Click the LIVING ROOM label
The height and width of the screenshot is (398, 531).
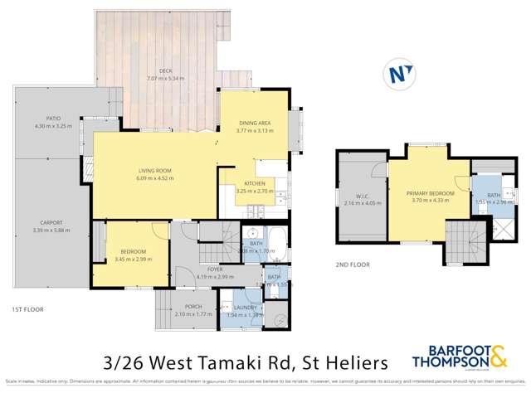pyautogui.click(x=153, y=171)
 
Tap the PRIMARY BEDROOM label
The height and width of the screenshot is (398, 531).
pyautogui.click(x=426, y=193)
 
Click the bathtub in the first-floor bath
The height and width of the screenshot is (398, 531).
pyautogui.click(x=278, y=247)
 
